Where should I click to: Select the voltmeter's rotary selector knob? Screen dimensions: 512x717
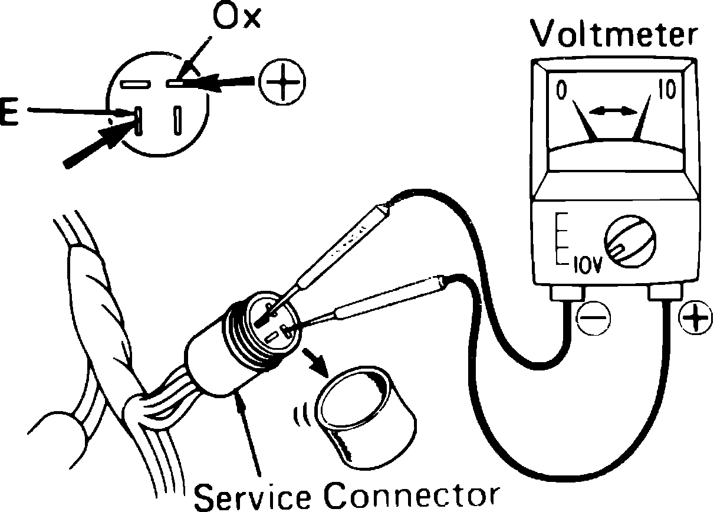629,244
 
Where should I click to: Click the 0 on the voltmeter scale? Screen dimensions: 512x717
563,90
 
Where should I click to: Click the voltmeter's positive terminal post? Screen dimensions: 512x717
665,293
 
